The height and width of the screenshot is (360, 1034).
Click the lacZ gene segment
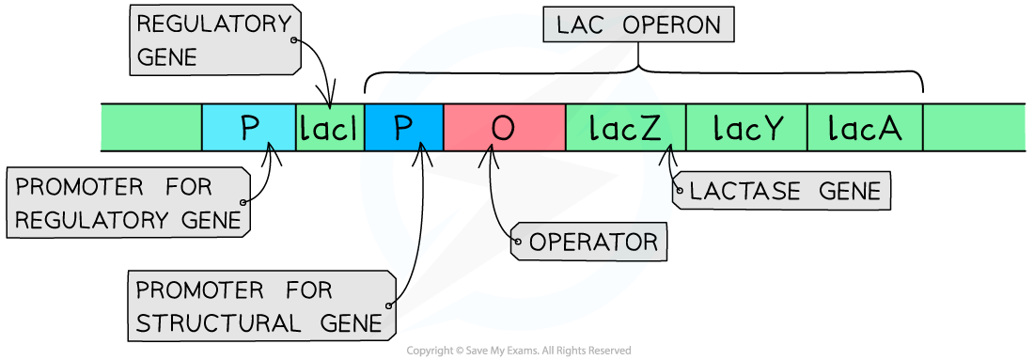coord(625,128)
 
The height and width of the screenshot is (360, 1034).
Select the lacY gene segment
coord(747,128)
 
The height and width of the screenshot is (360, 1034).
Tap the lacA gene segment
coord(865,128)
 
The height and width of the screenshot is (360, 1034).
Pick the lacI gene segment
coord(329,128)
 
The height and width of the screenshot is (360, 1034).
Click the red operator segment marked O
coord(504,128)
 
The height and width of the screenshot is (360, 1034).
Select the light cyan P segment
coord(249,128)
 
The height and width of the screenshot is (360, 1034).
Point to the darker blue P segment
coord(403,128)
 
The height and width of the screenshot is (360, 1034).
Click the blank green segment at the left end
coord(151,128)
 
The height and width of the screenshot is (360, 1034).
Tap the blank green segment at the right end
coord(974,128)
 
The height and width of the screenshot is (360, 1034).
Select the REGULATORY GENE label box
coord(215,40)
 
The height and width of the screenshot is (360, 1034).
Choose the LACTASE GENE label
coord(784,192)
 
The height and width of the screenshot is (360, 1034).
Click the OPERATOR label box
coord(591,242)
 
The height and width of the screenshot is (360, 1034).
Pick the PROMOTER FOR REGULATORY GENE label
coord(129,203)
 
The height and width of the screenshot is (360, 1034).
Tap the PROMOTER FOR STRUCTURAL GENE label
coord(260,305)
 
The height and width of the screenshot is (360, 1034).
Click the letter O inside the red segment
coord(504,128)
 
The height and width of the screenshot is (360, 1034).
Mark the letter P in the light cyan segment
coord(249,128)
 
